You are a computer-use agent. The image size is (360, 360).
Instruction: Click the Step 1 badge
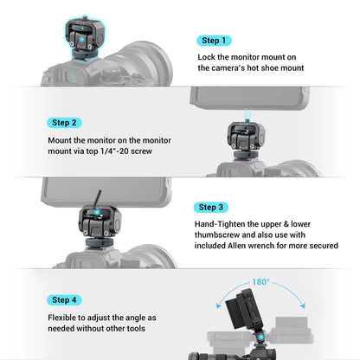tap(213, 41)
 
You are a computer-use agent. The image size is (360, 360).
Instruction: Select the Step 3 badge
tap(213, 207)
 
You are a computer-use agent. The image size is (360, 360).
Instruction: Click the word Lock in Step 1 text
tap(208, 57)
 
